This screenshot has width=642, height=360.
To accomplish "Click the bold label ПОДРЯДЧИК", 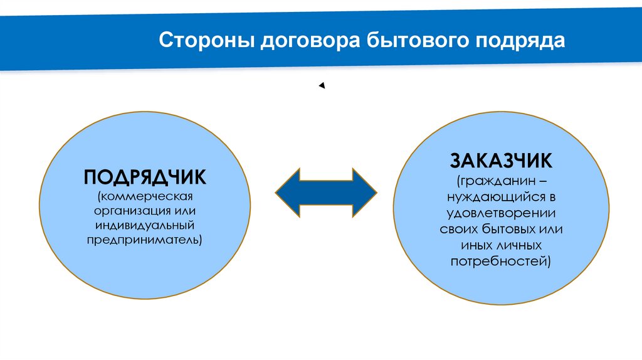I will tap(145, 176).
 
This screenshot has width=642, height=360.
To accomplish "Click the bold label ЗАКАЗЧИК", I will tap(501, 161).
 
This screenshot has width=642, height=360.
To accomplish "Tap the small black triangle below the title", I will tap(322, 86).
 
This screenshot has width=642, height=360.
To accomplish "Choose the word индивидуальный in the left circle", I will tap(145, 225).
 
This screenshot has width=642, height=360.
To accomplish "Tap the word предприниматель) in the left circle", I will tap(145, 240).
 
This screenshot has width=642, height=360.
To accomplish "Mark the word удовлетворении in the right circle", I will tap(501, 213).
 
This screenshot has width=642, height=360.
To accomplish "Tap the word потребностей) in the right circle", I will tap(501, 260).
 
